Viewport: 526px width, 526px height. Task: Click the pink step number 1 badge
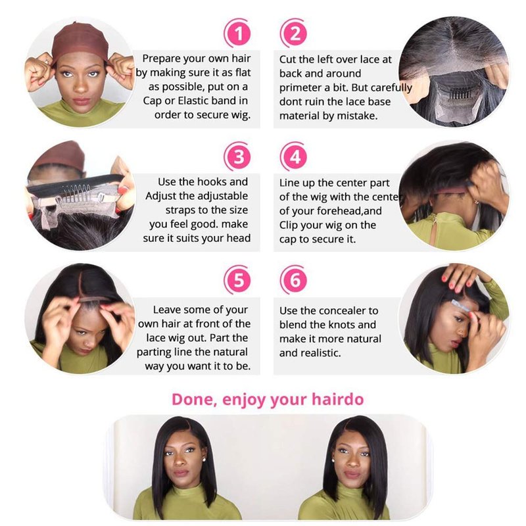(x=237, y=34)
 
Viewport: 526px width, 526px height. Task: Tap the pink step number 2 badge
(x=294, y=34)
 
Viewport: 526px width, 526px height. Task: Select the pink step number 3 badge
(x=237, y=156)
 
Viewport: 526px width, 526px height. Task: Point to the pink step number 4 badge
(x=294, y=156)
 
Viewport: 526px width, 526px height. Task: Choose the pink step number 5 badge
(x=237, y=279)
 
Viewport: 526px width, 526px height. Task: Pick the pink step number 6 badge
(x=294, y=279)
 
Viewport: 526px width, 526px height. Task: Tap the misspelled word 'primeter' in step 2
(x=300, y=87)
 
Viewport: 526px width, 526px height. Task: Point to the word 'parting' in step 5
(x=154, y=352)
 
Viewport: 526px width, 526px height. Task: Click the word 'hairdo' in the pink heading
(x=337, y=399)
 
